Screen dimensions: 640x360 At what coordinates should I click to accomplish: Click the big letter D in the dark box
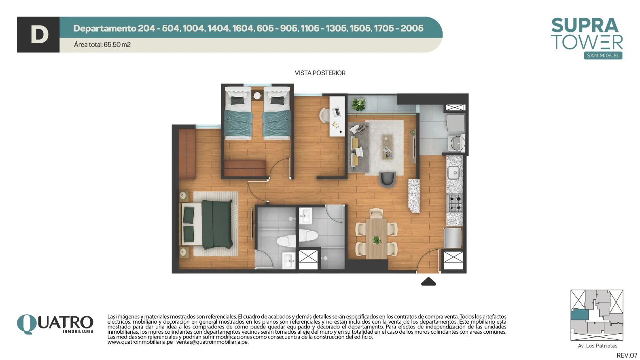(39, 35)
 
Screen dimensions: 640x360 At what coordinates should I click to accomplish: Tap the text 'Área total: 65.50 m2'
(102, 44)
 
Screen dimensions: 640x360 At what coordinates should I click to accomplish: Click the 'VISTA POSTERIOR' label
(320, 73)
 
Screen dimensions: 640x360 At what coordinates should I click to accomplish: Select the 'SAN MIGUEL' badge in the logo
(603, 55)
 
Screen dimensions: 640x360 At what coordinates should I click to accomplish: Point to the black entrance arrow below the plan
(428, 282)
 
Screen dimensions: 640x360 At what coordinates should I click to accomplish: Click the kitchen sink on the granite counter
(454, 172)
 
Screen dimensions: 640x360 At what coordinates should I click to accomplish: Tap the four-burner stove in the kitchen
(455, 203)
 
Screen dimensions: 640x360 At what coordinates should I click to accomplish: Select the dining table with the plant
(376, 238)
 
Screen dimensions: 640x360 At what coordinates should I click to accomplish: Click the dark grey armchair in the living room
(388, 179)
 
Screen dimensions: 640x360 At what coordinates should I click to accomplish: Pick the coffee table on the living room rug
(388, 147)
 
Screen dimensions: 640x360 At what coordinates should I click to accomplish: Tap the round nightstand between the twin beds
(257, 95)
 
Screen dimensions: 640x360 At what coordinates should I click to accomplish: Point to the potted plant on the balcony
(358, 104)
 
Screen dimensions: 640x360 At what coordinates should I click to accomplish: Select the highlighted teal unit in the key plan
(579, 315)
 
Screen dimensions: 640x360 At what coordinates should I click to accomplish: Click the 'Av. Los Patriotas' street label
(598, 346)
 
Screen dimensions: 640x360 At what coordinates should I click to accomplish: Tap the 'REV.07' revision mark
(627, 355)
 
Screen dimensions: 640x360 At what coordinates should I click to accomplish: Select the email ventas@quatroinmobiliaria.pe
(212, 342)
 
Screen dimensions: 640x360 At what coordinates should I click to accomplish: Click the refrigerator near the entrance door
(453, 238)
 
